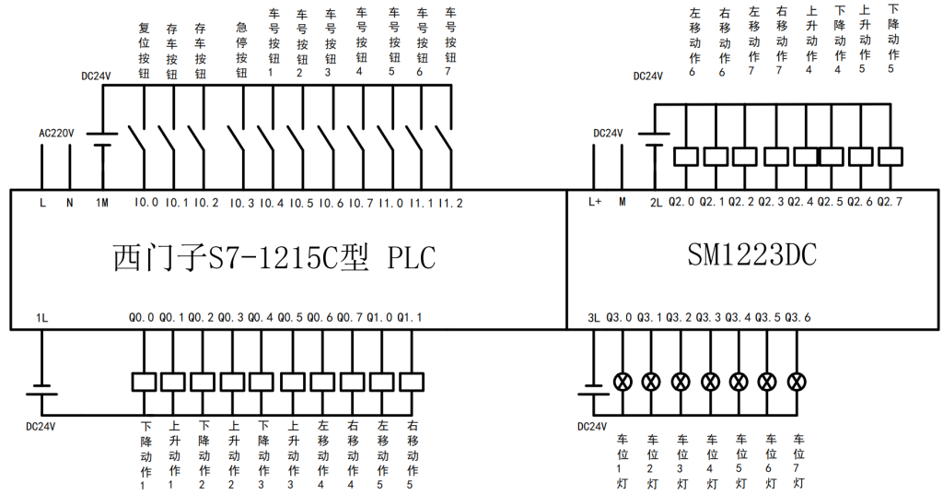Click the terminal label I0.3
[x=242, y=202]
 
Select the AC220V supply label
[x=55, y=134]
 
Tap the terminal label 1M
[x=102, y=202]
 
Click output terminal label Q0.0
[x=143, y=318]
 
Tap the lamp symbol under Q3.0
[x=622, y=381]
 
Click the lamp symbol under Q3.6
[x=798, y=381]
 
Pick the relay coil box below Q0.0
[x=143, y=381]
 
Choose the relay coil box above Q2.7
[x=890, y=157]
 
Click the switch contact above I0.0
[x=139, y=140]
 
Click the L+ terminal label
[x=594, y=202]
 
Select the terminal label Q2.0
[x=681, y=202]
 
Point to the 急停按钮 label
[x=242, y=51]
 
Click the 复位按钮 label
[x=144, y=51]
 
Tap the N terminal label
[x=69, y=202]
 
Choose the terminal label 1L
[x=41, y=318]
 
